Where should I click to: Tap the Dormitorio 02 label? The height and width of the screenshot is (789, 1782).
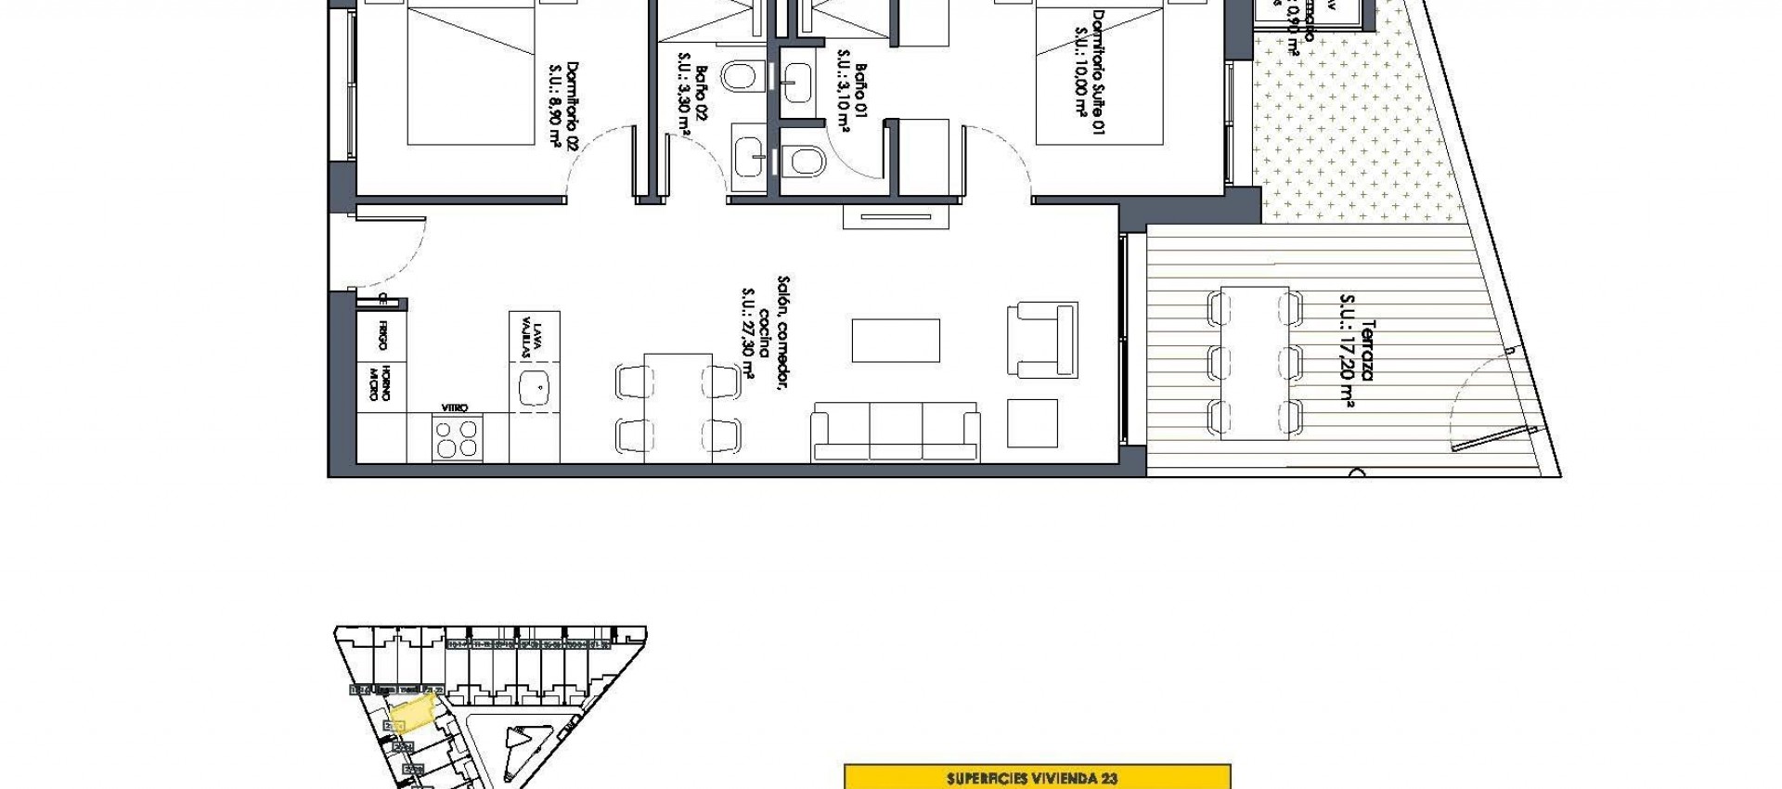pos(572,104)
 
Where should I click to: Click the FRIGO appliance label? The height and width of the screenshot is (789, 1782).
pos(382,336)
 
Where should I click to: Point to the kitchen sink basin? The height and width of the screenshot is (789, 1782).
pos(534,387)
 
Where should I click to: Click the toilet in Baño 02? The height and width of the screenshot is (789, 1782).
pos(740,76)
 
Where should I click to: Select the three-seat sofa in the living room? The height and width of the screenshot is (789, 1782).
pos(896,433)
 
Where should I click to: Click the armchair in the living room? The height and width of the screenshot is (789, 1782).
pos(1042,340)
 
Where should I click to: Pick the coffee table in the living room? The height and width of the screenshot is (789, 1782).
pos(896,341)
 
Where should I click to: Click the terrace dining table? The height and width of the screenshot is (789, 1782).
pos(1255,362)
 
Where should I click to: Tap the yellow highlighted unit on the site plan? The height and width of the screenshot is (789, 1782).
pos(412,715)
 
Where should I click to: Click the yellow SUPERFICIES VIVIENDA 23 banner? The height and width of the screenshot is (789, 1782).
pos(1037,778)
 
